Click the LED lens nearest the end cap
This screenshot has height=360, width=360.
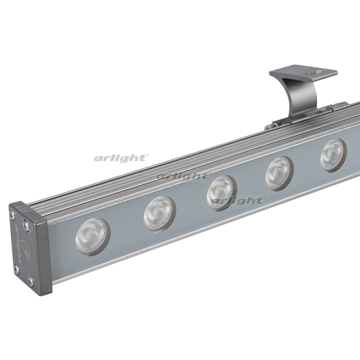point(93,236)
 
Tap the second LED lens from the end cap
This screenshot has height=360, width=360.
point(160,214)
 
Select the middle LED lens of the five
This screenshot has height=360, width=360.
point(222,193)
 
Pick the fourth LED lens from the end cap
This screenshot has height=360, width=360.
point(280,173)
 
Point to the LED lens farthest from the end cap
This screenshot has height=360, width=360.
point(334,155)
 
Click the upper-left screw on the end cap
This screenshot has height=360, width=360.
point(11,214)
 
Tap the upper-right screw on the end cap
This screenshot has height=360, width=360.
point(26,224)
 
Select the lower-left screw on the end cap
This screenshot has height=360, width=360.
point(16,269)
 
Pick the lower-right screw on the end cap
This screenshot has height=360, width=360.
point(31,281)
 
